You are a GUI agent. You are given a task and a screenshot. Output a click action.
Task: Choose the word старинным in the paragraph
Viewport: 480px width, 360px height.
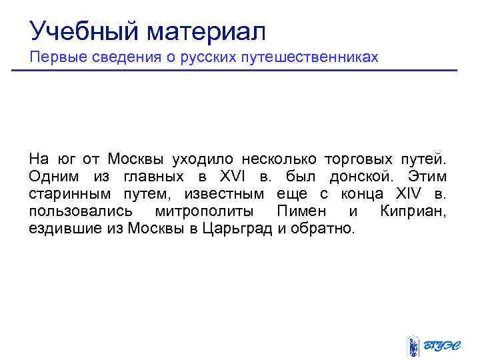(x=63, y=194)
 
